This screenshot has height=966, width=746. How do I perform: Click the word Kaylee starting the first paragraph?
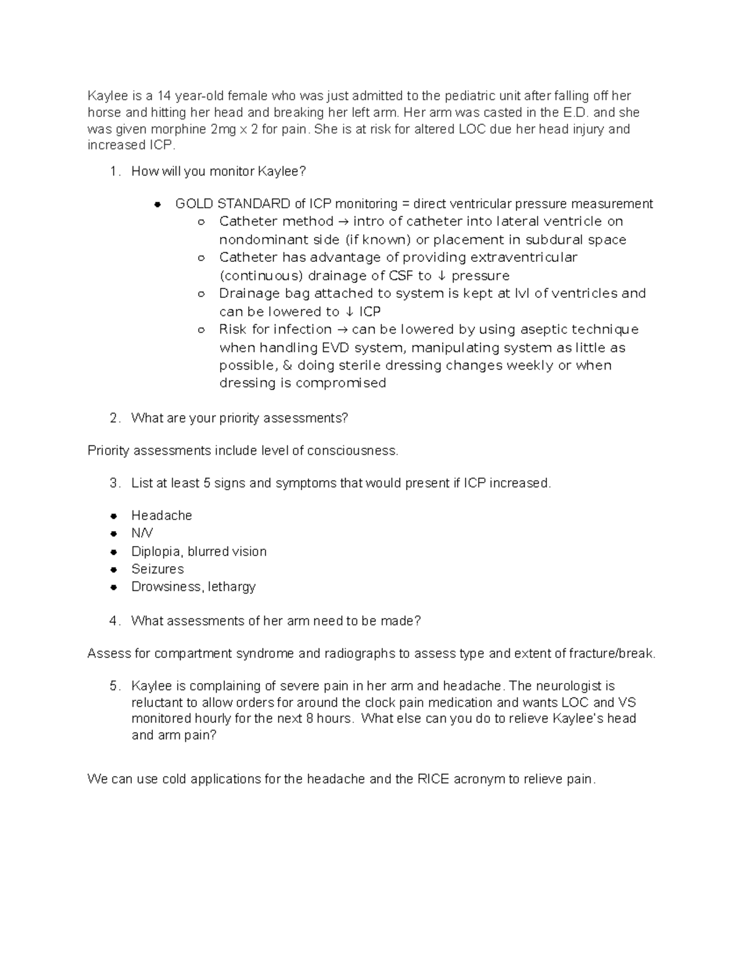106,96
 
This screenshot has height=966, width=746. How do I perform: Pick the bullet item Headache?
162,516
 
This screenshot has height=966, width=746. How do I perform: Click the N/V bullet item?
142,533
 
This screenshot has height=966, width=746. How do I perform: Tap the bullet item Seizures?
157,569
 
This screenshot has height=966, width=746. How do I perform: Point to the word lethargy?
232,587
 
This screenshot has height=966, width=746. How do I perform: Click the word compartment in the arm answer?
183,654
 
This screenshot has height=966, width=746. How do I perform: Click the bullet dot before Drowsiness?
114,587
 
